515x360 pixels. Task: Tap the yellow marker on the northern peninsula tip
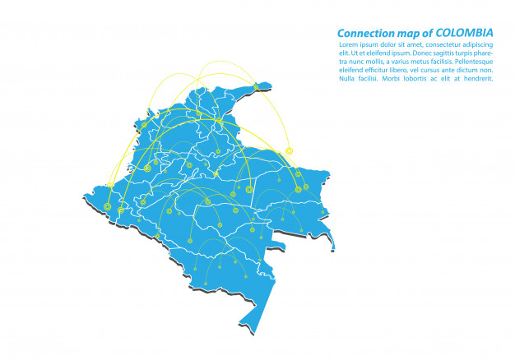(256, 86)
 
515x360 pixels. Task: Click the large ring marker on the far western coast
(108, 206)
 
